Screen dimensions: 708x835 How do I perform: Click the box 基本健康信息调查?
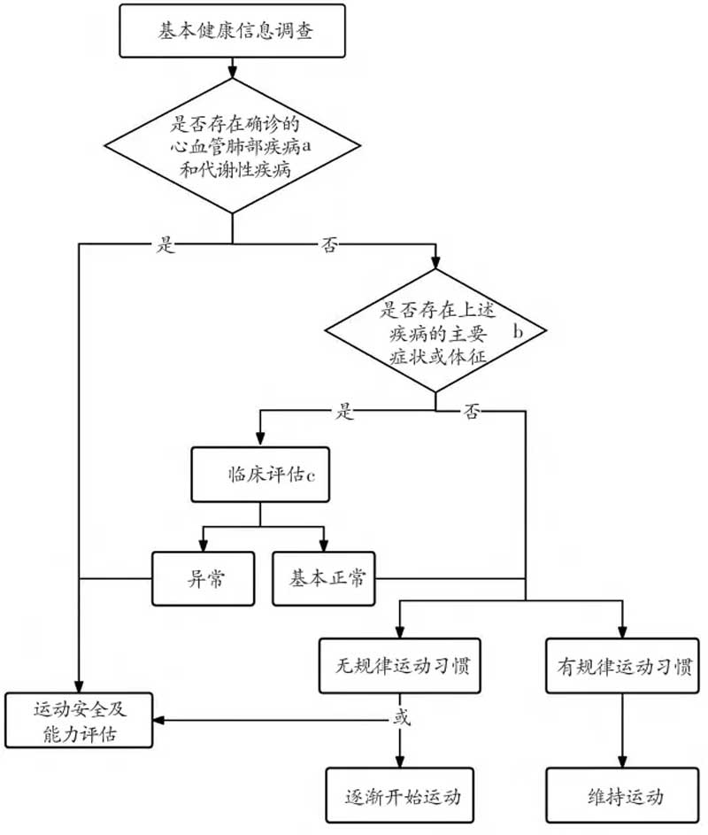point(232,31)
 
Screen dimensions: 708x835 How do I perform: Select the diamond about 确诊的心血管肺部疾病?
point(232,146)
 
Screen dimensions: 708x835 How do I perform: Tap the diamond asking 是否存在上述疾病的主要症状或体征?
point(435,330)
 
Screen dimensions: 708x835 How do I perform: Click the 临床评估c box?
point(260,475)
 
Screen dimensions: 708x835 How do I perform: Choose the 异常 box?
point(204,578)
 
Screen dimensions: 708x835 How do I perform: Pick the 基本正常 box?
point(324,578)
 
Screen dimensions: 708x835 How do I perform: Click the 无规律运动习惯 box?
point(400,666)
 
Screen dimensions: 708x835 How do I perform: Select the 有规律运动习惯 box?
point(622,666)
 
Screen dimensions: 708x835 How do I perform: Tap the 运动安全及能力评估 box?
point(79,721)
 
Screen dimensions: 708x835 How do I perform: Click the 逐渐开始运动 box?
point(400,795)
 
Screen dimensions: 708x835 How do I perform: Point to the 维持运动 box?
point(622,795)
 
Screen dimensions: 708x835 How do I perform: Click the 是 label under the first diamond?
point(165,245)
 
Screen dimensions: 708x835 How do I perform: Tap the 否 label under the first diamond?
point(329,245)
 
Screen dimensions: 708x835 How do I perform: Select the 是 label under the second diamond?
point(344,412)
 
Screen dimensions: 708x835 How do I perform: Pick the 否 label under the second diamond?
point(471,412)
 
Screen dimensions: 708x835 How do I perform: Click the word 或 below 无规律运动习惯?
point(402,717)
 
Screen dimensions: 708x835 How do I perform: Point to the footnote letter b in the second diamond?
point(518,331)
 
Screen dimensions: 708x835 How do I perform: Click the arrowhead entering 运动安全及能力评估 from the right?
point(158,721)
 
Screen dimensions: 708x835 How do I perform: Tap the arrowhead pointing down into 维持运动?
point(622,762)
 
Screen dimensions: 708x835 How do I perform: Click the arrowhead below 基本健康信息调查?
point(232,73)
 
